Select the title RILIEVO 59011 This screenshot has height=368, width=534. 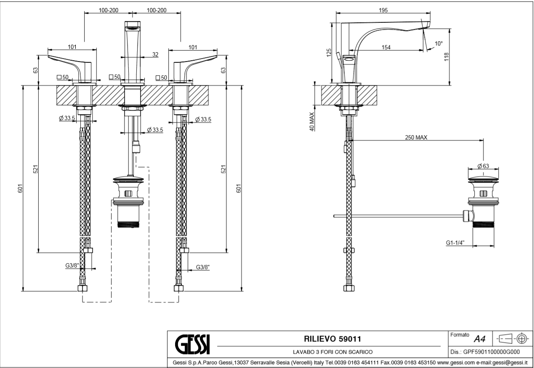[x=332, y=339]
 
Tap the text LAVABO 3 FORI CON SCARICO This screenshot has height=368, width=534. [x=332, y=352]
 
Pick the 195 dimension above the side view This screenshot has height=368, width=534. [x=383, y=10]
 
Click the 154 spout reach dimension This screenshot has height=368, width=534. [x=385, y=47]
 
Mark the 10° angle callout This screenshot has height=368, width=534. [x=439, y=43]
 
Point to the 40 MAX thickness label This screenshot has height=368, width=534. [x=312, y=122]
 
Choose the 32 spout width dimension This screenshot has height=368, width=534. [x=155, y=54]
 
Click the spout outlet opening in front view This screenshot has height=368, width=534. [x=133, y=28]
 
